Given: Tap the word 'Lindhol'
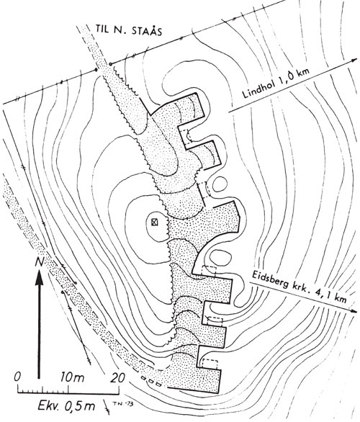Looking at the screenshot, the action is (258, 87).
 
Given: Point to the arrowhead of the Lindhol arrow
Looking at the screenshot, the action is (354, 60).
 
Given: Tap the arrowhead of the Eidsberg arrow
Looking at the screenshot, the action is (354, 310).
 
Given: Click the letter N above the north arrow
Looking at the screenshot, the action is (40, 262).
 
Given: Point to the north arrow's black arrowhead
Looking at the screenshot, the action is (40, 277).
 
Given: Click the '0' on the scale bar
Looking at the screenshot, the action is (18, 377).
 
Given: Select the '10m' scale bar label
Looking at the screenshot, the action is (72, 377).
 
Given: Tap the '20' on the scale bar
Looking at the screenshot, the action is (118, 377).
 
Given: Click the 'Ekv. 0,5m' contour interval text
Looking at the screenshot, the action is (66, 405).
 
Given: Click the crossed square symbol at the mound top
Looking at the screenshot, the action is (154, 223).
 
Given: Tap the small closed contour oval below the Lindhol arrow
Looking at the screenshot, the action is (220, 184).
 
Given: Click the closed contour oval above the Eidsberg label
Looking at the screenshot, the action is (220, 258).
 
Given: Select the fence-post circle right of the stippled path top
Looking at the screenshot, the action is (111, 64).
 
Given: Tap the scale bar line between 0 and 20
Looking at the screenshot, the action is (68, 386).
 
